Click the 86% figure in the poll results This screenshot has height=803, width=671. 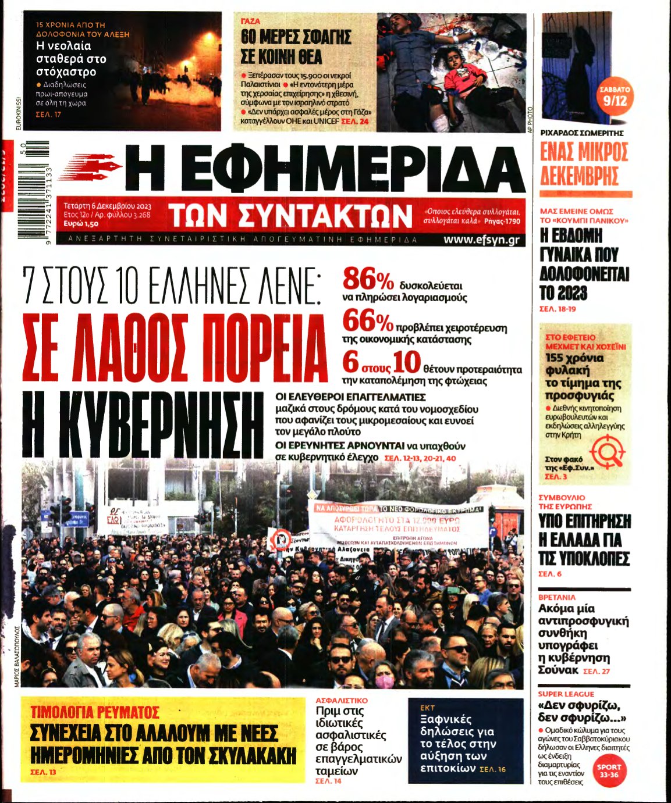click(x=368, y=280)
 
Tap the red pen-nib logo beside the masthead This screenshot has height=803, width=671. click(x=90, y=166)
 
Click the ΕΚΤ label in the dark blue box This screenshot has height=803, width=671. click(x=428, y=708)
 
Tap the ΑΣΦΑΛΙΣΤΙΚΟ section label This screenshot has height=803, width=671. click(x=342, y=701)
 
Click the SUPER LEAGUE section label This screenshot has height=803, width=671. click(x=566, y=694)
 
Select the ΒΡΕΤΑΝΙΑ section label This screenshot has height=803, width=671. click(x=557, y=597)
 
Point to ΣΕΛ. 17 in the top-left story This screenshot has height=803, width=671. click(x=48, y=115)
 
